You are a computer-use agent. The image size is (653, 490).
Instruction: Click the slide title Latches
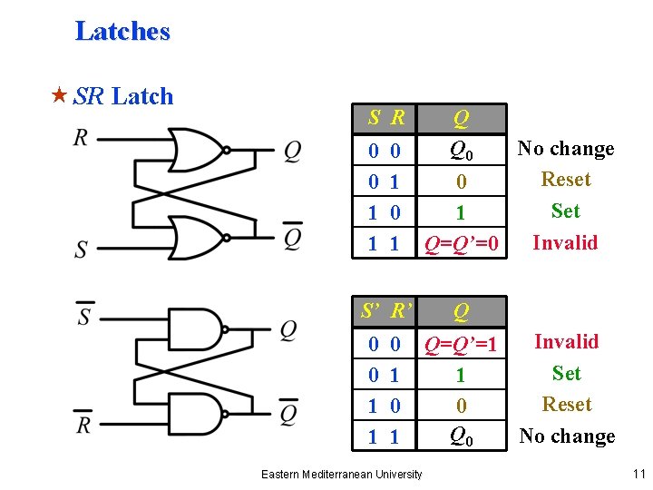pos(122,32)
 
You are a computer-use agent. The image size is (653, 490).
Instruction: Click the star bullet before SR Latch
pos(60,96)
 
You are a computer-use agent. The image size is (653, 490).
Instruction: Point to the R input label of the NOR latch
pos(82,139)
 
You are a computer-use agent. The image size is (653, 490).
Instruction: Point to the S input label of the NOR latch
pos(82,250)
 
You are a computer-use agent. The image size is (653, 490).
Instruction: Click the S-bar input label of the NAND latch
pos(83,316)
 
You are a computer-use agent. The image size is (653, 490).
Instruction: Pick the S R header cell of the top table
pos(386,118)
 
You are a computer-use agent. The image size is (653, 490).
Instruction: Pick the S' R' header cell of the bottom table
pos(386,312)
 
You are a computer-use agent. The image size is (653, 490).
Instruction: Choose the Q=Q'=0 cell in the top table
pos(462,243)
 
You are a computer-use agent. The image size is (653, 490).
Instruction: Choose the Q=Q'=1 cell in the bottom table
pos(462,344)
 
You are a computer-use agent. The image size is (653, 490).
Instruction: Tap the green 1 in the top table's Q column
pos(461,213)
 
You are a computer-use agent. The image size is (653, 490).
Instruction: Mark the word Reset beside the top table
pos(566,180)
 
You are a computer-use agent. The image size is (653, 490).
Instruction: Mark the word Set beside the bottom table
pos(567,373)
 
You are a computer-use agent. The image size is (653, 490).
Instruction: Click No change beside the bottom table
pos(567,436)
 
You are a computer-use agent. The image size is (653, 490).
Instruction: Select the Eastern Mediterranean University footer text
pos(341,474)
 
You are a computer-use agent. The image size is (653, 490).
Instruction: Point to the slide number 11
pos(639,474)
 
